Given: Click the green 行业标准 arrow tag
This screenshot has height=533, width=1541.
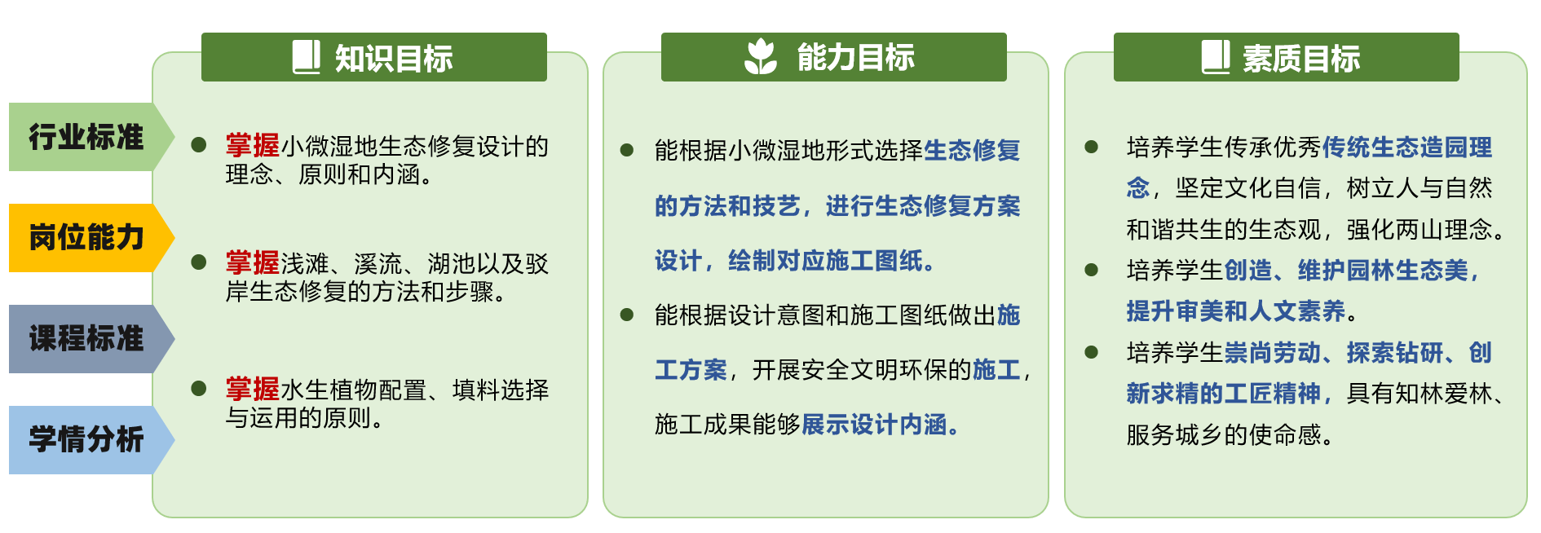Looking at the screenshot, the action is click(90, 137).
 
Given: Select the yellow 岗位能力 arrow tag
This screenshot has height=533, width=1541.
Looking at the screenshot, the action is click(90, 238).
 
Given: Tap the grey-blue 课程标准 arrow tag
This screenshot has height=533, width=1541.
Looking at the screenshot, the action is click(90, 339).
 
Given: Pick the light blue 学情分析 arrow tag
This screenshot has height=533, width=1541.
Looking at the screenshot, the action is click(90, 440).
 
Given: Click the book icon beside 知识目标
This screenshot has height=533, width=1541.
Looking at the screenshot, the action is click(307, 57).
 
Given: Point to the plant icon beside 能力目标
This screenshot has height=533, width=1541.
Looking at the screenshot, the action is click(761, 56).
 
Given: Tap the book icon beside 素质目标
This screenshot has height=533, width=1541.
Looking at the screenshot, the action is click(1216, 57).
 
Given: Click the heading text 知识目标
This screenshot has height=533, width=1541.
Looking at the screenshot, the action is click(394, 59).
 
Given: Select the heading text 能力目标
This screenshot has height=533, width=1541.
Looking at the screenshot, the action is click(855, 58).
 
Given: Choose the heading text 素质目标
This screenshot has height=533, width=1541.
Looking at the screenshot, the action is click(1301, 59).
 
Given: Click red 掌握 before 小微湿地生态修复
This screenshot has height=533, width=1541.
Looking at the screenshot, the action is click(253, 146).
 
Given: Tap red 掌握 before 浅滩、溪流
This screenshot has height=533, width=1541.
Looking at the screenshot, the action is click(253, 263).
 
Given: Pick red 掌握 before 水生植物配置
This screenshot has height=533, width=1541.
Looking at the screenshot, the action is click(253, 390).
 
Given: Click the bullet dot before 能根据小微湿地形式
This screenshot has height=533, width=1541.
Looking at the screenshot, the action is click(627, 150).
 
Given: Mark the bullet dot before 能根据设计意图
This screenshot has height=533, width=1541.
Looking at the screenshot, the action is click(627, 315).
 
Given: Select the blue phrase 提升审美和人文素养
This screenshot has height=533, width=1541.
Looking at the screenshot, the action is click(1236, 311).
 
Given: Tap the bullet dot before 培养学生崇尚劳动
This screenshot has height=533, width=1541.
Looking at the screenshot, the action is click(1092, 352).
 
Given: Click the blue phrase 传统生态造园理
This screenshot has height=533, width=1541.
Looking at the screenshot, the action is click(1407, 148).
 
